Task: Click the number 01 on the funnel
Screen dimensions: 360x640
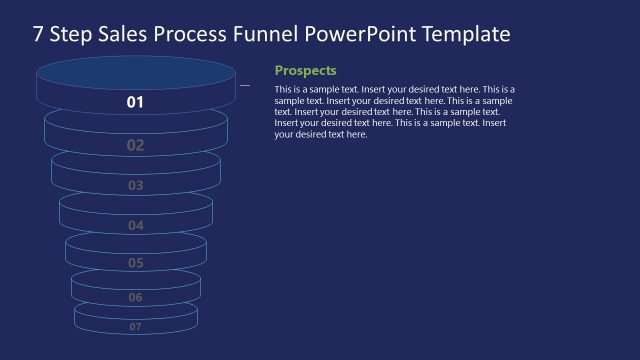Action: point(135,102)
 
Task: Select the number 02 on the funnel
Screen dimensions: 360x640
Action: point(135,145)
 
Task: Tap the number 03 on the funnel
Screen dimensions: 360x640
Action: point(135,185)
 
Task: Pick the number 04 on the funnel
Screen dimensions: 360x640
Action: point(135,225)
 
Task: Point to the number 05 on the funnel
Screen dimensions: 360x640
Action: point(135,263)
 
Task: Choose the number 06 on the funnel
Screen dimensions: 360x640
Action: point(135,297)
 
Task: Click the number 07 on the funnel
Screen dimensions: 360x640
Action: point(135,326)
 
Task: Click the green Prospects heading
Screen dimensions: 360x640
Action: point(305,71)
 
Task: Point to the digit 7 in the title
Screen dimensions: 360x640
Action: point(38,35)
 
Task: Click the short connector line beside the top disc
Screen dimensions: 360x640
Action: point(245,85)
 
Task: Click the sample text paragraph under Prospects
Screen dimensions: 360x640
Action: point(394,112)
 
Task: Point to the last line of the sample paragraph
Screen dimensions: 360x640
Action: point(321,135)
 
